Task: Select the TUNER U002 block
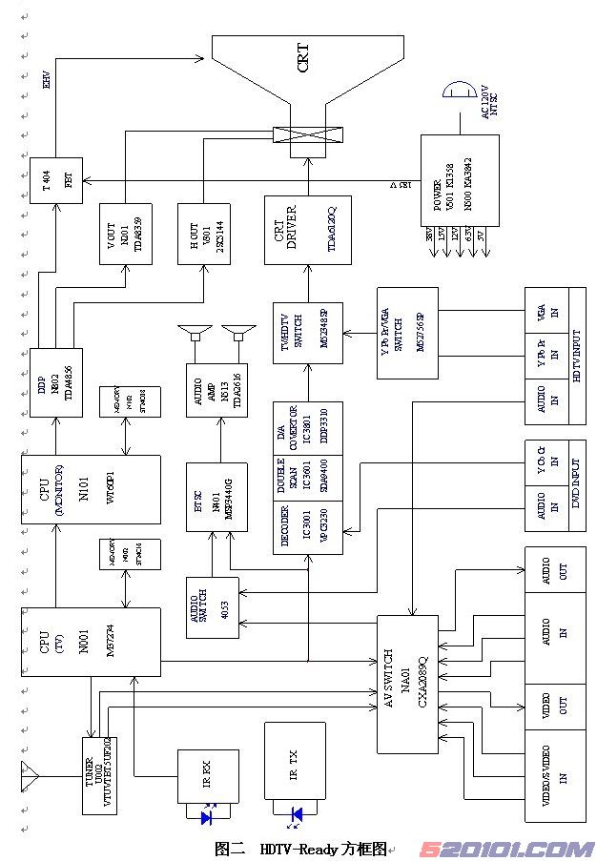(x=98, y=773)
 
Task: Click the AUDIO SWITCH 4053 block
(x=212, y=607)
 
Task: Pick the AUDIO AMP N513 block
(x=216, y=390)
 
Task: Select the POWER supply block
(x=460, y=180)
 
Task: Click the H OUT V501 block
(x=204, y=232)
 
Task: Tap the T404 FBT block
(x=56, y=179)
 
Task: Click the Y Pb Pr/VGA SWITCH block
(x=407, y=333)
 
